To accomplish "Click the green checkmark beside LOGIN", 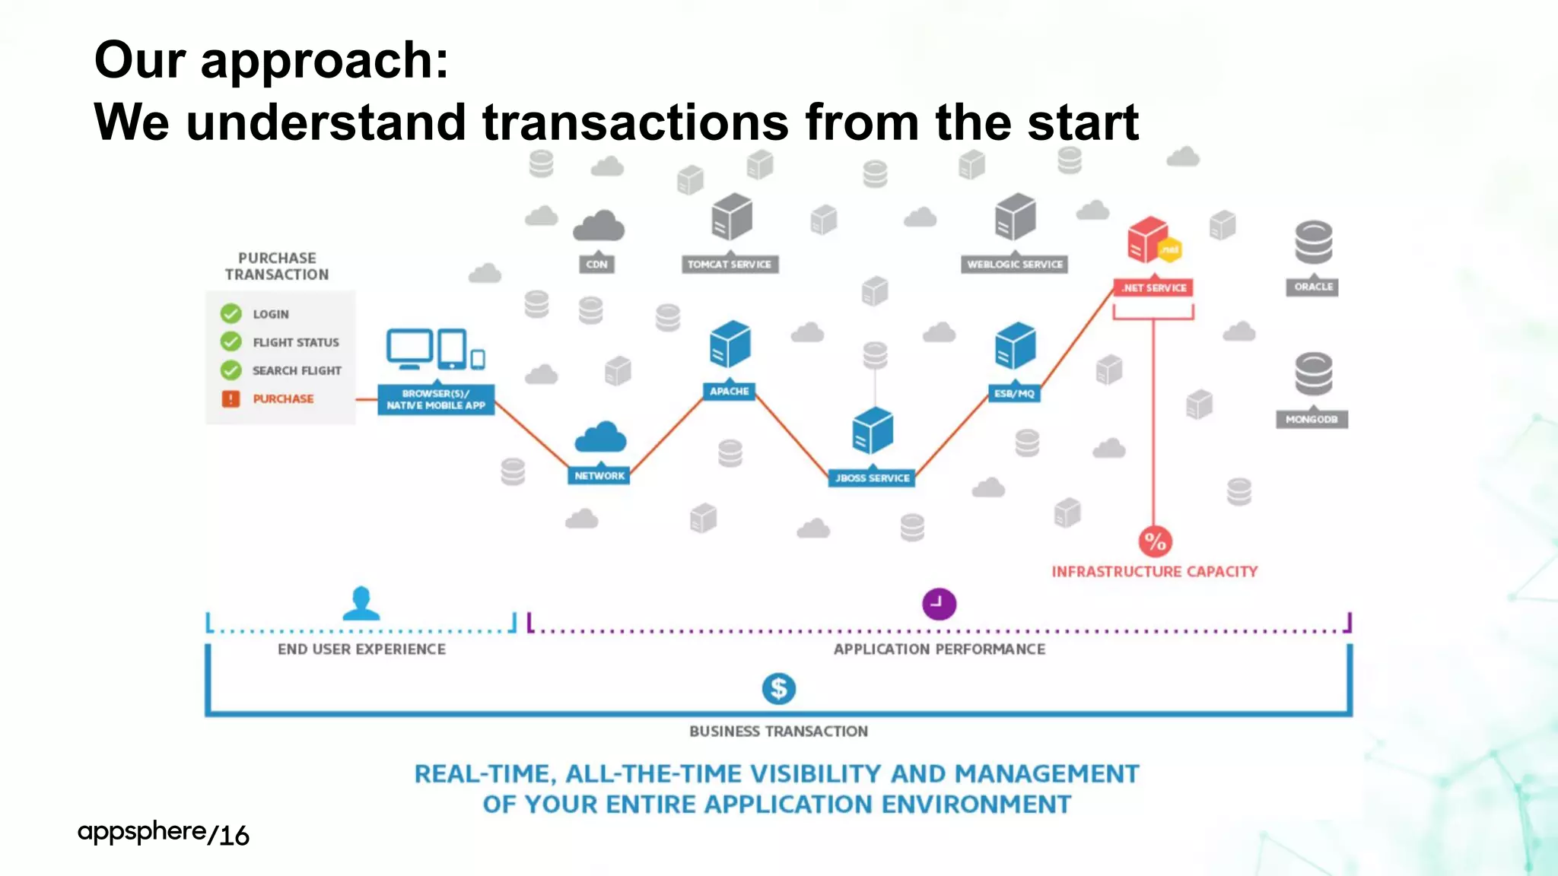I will click(231, 313).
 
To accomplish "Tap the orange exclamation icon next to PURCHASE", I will click(231, 398).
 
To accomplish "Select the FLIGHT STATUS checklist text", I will click(295, 342).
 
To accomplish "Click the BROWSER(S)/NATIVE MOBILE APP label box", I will click(436, 399).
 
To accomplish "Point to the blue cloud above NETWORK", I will click(600, 437).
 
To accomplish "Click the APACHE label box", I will click(729, 391).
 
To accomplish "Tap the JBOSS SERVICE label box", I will click(872, 478).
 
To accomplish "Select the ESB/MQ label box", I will click(1014, 393).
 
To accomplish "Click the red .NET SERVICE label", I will click(1154, 287).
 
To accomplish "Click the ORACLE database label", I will click(1313, 287).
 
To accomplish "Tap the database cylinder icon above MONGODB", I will click(1313, 373).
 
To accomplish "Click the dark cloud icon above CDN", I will click(599, 226).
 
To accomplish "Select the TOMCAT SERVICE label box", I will click(729, 264).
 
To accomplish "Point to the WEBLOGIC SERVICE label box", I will click(1014, 264).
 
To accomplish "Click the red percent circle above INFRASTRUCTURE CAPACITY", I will click(1155, 541).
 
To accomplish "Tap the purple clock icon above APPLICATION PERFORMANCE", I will click(939, 604).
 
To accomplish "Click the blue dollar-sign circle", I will click(778, 688).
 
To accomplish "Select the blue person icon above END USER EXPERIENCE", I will click(361, 602).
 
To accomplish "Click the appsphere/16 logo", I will click(164, 833).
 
